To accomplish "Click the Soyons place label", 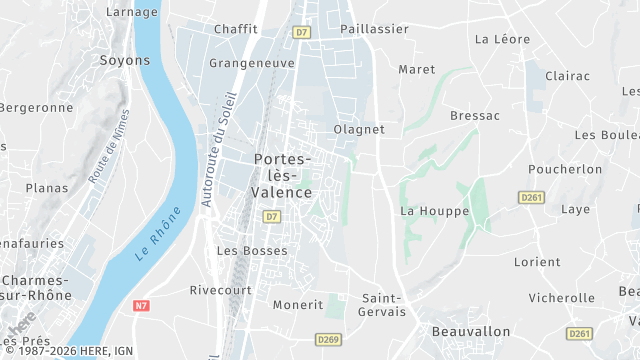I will [x=125, y=60].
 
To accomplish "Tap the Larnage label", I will [x=131, y=12].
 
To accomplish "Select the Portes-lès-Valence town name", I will [x=283, y=175].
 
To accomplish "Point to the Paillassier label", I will [x=375, y=29].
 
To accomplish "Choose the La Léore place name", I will [x=502, y=40].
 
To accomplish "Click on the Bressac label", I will [x=475, y=116].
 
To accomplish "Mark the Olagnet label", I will [x=359, y=129].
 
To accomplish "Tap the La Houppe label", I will [x=427, y=211].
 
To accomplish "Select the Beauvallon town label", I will [x=471, y=331].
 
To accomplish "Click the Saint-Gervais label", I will [x=384, y=305].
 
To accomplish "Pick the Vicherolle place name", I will [x=561, y=297].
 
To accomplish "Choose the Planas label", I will [x=46, y=188].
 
